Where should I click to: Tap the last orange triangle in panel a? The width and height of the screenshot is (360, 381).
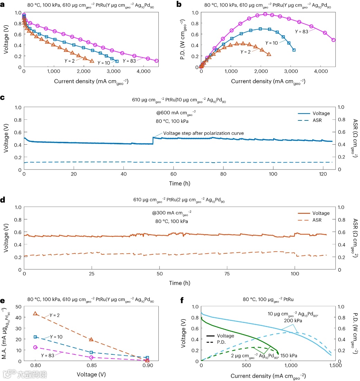pyautogui.click(x=92, y=61)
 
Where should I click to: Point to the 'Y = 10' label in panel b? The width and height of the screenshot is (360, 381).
pyautogui.click(x=272, y=42)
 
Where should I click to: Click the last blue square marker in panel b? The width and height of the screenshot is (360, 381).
pyautogui.click(x=294, y=50)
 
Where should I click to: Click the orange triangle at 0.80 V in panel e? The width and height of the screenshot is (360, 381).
pyautogui.click(x=35, y=314)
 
